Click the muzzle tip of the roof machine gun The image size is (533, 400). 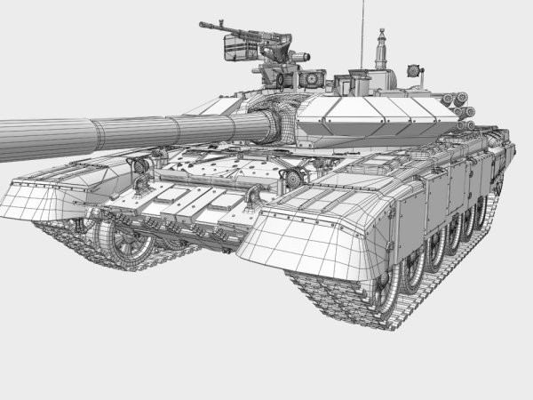click(x=203, y=25)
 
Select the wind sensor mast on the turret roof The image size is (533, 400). click(x=383, y=49)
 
